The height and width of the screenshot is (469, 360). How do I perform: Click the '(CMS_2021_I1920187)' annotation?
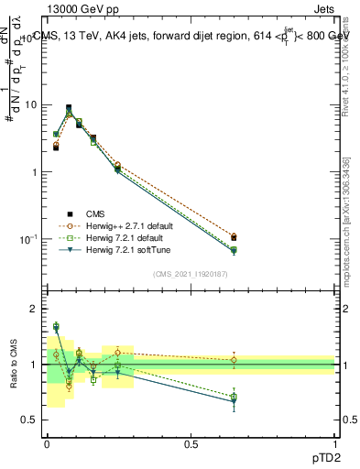pos(191,274)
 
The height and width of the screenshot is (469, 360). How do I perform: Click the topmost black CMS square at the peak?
pos(69,107)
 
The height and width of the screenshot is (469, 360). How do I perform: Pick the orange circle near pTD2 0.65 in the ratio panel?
pos(234,360)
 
